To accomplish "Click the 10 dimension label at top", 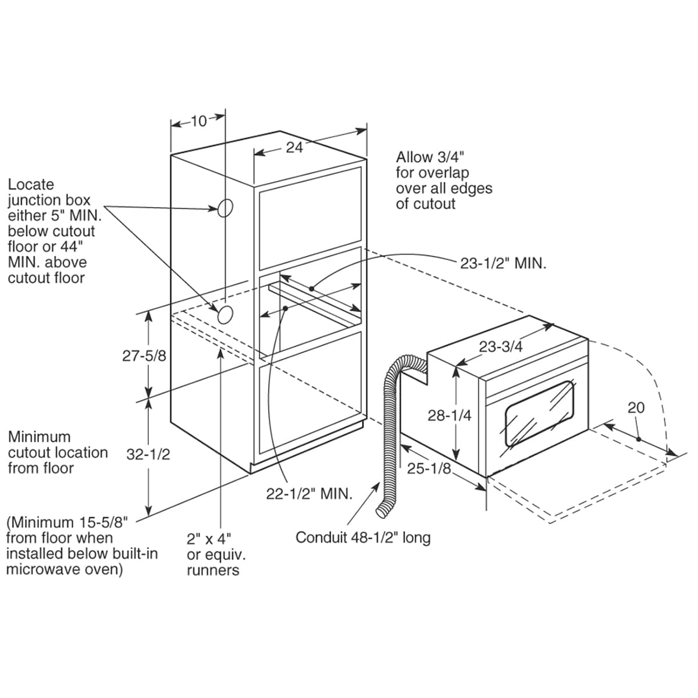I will point(199,121).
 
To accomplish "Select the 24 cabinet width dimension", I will point(295,148).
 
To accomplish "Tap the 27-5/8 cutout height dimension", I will point(144,355).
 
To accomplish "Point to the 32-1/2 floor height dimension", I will point(148,454).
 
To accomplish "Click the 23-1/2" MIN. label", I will point(503,263).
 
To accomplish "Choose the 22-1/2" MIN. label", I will point(309,494).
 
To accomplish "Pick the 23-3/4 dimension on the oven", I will point(501,347).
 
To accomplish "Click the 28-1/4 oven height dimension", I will point(449,415).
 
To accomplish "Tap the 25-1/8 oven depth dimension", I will point(429,468).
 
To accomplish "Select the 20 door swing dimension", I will point(636,408).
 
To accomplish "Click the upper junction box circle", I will point(226,207).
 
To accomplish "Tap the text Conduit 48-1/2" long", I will point(363,537).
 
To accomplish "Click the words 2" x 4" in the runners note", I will point(209,538).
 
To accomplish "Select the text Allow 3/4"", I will point(430,157).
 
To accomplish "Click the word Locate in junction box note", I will point(31,184).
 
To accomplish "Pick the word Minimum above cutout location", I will point(39,437).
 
